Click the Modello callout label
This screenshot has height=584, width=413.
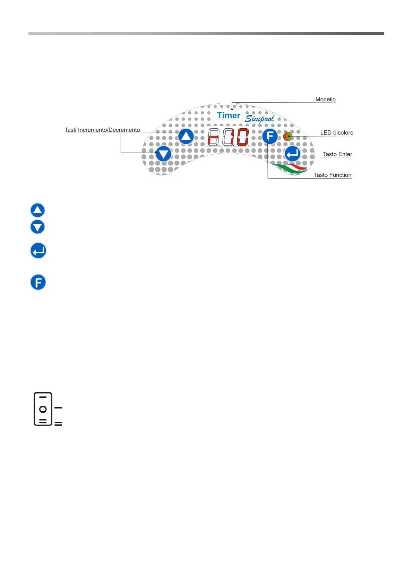pos(325,100)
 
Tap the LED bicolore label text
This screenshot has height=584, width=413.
pos(336,133)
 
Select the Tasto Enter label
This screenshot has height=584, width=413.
pos(337,154)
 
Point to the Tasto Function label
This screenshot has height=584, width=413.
pos(332,175)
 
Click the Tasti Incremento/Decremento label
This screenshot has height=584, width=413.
pos(102,130)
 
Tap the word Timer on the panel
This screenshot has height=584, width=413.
pos(229,115)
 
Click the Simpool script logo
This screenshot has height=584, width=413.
pos(260,119)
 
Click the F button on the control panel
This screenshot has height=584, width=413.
pos(270,136)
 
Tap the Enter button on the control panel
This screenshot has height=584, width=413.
pos(292,154)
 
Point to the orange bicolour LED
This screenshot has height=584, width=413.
pos(287,137)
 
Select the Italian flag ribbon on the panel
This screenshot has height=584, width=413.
pos(291,168)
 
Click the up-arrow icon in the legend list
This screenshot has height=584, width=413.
pos(38,210)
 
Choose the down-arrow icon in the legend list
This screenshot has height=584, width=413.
pos(38,227)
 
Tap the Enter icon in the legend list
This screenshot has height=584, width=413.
pos(38,251)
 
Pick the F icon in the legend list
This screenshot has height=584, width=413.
pos(38,282)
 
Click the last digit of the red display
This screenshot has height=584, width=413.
pos(243,137)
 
